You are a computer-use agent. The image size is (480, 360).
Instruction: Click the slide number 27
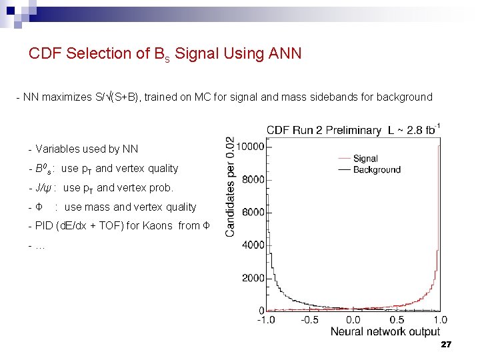point(447,345)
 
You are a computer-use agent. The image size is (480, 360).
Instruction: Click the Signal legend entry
point(365,159)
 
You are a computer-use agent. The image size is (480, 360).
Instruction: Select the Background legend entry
point(377,170)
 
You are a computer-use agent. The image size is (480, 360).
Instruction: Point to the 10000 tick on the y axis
point(251,147)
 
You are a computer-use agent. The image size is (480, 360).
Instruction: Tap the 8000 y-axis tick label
point(253,179)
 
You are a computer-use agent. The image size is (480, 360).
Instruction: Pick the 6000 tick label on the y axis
point(253,212)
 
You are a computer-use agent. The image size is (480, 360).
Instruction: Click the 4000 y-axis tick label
point(253,245)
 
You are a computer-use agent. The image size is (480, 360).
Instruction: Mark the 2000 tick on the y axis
point(253,278)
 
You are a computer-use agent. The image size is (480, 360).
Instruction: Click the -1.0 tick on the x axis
point(267,320)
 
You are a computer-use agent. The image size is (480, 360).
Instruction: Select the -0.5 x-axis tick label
point(310,320)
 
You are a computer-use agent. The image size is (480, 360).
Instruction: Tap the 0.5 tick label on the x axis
point(397,320)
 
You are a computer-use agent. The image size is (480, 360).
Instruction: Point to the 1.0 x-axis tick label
point(440,320)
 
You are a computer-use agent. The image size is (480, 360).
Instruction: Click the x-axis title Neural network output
point(385,331)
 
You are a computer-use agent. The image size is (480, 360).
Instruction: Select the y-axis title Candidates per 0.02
point(230,187)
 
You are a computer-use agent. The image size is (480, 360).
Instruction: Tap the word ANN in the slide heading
point(285,53)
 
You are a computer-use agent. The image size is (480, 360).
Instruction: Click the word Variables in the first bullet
point(59,149)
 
